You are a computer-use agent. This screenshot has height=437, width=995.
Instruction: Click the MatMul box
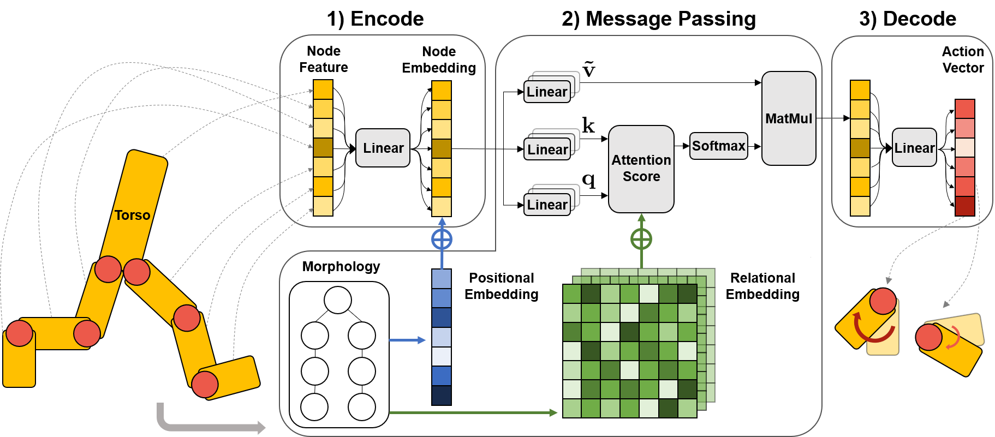coord(789,118)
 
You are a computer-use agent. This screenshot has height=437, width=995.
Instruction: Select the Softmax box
coord(718,146)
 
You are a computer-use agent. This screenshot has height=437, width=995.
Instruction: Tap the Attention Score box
coord(641,169)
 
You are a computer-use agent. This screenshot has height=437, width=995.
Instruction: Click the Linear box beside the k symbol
coord(547,149)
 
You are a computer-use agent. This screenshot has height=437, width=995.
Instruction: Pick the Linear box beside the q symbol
coord(547,205)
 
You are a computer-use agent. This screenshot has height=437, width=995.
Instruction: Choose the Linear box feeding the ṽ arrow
coord(547,92)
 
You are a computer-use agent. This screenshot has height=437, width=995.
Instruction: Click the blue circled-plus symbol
coord(442,239)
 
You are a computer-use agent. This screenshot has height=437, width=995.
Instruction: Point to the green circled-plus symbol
coord(641,239)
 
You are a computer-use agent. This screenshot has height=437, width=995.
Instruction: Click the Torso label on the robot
coord(132,215)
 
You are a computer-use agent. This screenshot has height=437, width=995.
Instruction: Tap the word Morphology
coord(341,266)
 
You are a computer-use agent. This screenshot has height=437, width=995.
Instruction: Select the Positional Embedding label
coord(502,286)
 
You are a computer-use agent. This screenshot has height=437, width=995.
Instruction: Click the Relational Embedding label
coord(762,286)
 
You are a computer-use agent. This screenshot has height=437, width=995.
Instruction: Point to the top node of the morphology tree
coord(338,300)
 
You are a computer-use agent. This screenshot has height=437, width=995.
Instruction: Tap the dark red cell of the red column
coord(965,206)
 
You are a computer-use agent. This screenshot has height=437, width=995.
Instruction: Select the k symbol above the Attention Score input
coord(588,125)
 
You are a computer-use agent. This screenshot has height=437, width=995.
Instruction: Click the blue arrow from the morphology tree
coord(407,340)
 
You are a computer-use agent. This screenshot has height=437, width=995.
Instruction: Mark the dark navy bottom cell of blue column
coord(442,396)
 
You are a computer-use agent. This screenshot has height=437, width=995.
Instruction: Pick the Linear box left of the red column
coord(914,148)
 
